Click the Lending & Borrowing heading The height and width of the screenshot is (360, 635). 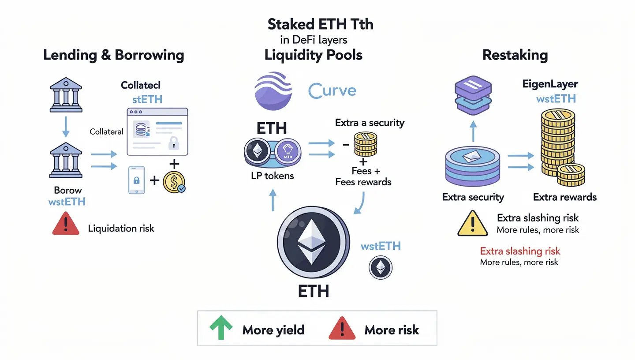[113, 56]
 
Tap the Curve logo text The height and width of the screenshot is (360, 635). [332, 91]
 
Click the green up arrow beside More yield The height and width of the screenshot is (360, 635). [220, 329]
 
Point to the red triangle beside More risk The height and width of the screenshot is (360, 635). [342, 329]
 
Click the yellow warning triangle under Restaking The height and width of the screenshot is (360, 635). [472, 224]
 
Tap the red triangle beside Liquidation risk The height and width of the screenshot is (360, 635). [66, 224]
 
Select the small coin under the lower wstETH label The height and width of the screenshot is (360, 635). [380, 267]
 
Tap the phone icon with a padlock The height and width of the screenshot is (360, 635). [136, 180]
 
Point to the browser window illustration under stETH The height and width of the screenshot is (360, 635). [157, 131]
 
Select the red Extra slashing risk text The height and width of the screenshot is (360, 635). [520, 251]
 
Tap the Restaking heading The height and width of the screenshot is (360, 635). [515, 56]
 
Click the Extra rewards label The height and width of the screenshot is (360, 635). [564, 197]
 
